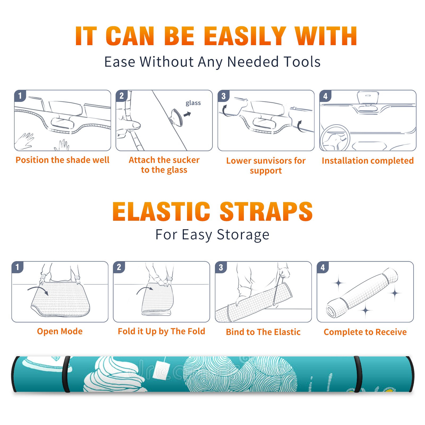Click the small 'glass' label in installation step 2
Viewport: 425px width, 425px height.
tap(193, 103)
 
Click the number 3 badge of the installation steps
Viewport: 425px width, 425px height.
tap(224, 96)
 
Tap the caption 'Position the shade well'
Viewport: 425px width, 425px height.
tap(62, 160)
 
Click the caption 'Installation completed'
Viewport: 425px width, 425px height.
tap(368, 160)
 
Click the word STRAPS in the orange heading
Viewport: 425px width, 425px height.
tap(266, 211)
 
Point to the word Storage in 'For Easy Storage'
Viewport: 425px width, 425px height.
tap(243, 235)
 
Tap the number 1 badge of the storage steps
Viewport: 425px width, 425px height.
tap(18, 267)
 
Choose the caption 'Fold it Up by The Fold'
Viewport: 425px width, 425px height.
tap(161, 331)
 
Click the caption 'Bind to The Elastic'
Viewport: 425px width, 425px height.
tap(263, 332)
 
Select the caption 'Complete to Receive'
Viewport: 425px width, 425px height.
tap(365, 332)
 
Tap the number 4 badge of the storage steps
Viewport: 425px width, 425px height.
tap(323, 267)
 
